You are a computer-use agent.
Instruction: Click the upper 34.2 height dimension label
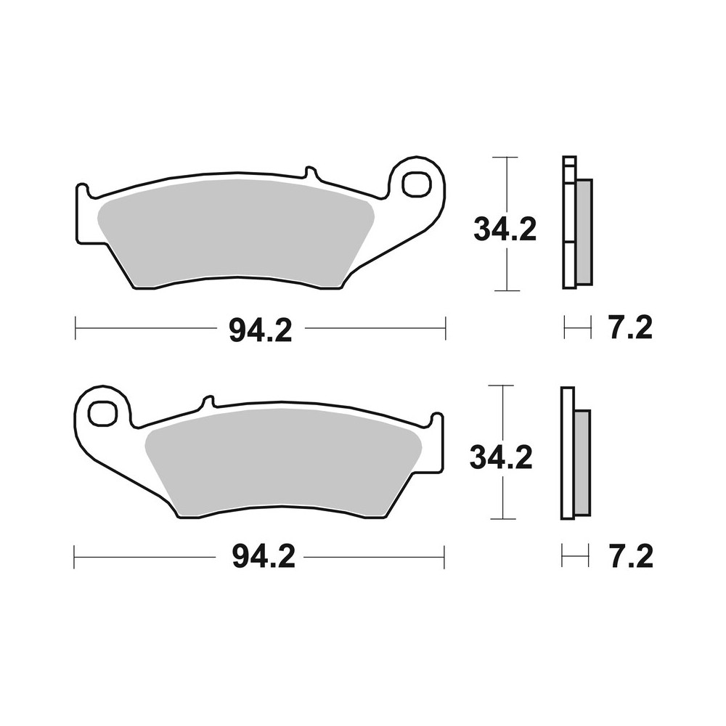[505, 229]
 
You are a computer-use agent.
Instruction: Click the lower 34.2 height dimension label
[501, 457]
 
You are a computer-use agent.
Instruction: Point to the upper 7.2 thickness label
[630, 328]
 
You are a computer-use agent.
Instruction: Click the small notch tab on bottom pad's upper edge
[206, 403]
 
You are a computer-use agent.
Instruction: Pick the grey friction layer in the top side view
[584, 232]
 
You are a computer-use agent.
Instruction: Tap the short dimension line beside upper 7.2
[574, 328]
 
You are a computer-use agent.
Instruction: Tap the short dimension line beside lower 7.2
[574, 557]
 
